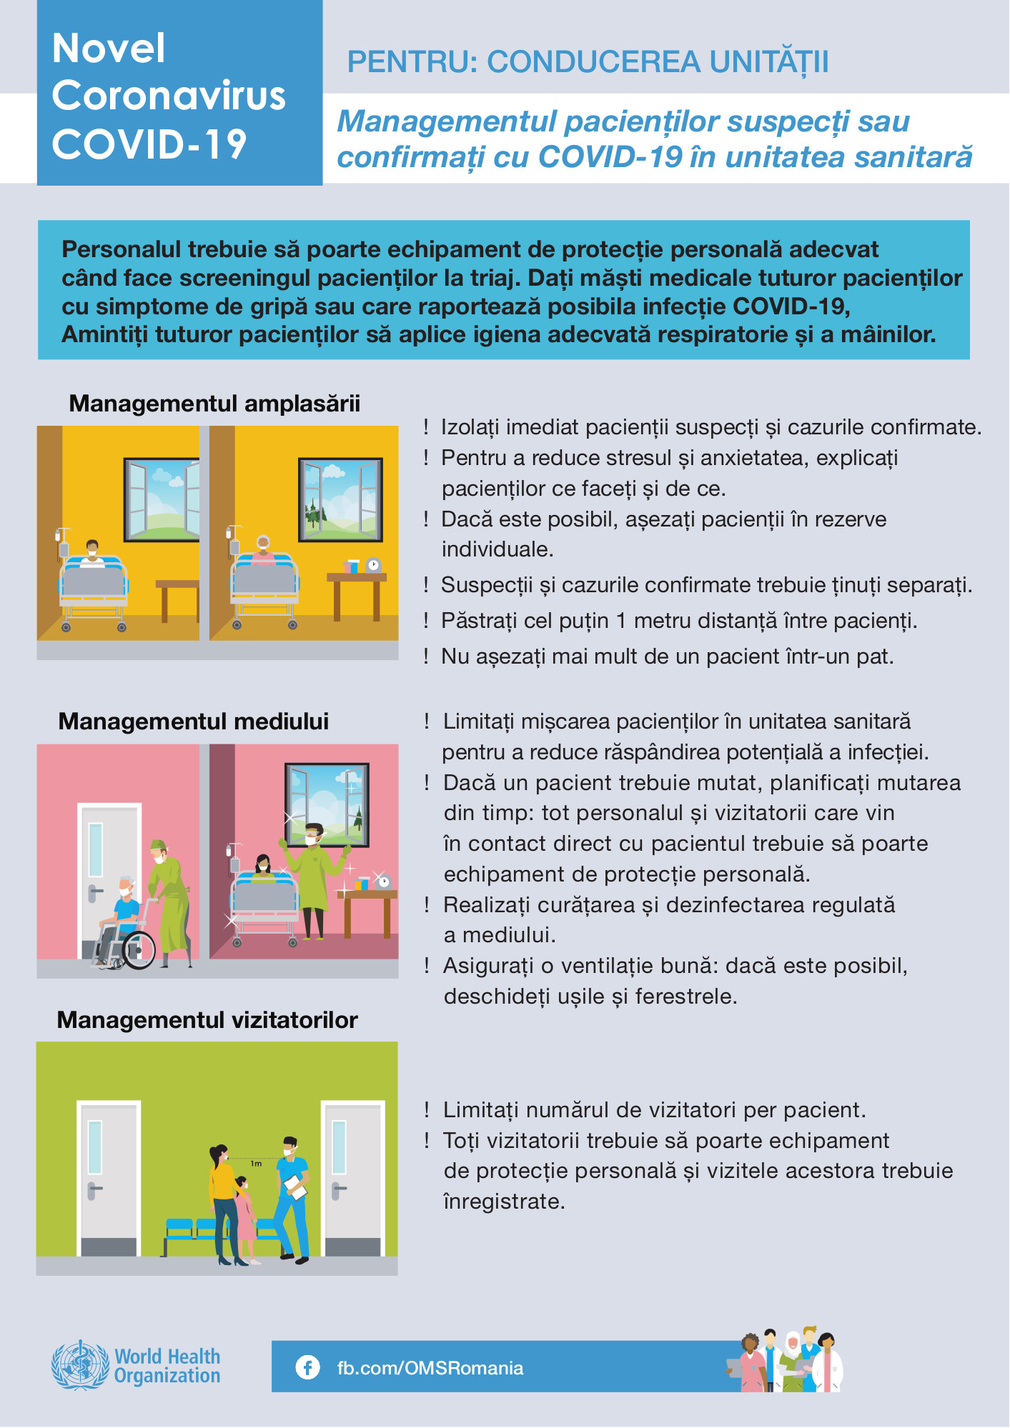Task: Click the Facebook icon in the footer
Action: pos(307,1367)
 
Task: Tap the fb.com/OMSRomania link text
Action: pos(430,1368)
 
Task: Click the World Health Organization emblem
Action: pos(80,1365)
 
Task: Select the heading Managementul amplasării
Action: pos(214,404)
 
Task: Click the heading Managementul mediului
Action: pos(194,722)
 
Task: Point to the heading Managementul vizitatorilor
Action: pos(207,1020)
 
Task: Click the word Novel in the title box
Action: pos(109,49)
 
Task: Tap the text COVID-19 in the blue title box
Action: pos(149,144)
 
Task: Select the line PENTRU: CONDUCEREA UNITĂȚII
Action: pos(588,62)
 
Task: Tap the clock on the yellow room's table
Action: pos(373,565)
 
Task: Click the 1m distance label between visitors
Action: pos(256,1164)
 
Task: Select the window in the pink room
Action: pos(327,804)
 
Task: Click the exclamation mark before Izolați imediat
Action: pos(426,427)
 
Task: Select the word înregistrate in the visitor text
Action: pos(505,1202)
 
